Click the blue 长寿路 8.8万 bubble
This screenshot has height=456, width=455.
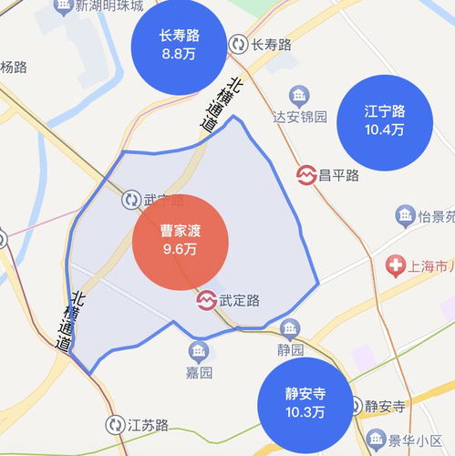pyautogui.click(x=179, y=45)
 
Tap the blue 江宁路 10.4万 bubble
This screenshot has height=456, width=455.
pyautogui.click(x=384, y=119)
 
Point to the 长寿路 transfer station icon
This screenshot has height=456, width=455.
pyautogui.click(x=239, y=44)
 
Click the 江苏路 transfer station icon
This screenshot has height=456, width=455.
pyautogui.click(x=114, y=425)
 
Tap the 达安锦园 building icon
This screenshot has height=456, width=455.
pyautogui.click(x=298, y=95)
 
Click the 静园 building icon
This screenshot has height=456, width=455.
pyautogui.click(x=290, y=327)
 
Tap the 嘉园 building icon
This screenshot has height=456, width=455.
pyautogui.click(x=199, y=351)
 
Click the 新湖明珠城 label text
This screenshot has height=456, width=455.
pyautogui.click(x=109, y=6)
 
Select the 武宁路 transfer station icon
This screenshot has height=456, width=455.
pyautogui.click(x=130, y=199)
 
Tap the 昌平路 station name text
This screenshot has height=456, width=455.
pyautogui.click(x=339, y=174)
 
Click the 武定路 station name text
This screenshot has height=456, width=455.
pyautogui.click(x=240, y=299)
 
